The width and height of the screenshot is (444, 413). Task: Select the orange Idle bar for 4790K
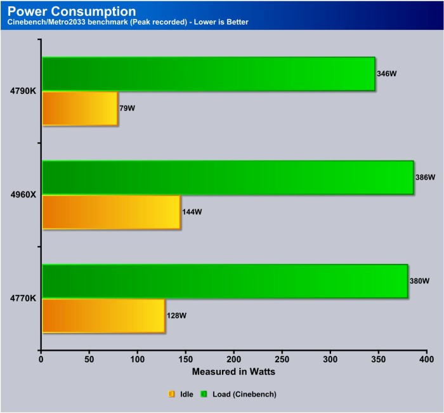pos(80,108)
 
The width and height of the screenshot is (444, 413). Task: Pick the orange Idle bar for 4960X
pos(111,212)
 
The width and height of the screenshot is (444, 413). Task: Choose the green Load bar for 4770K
pos(225,281)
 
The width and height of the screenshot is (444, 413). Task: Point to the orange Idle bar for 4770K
pos(103,315)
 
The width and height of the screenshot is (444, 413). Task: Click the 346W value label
pos(386,74)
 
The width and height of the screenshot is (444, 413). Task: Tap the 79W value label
pos(127,108)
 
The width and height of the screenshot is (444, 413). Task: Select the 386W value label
pos(424,178)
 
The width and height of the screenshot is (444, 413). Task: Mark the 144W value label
pos(192,212)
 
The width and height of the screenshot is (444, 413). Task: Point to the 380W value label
pos(419,281)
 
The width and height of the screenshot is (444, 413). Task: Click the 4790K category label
pos(23,91)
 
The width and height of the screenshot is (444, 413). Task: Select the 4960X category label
pos(23,195)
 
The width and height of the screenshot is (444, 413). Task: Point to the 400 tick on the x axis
pos(426,359)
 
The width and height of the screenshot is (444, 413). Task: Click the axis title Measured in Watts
pos(233,371)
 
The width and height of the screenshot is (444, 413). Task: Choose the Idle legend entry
pos(181,394)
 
